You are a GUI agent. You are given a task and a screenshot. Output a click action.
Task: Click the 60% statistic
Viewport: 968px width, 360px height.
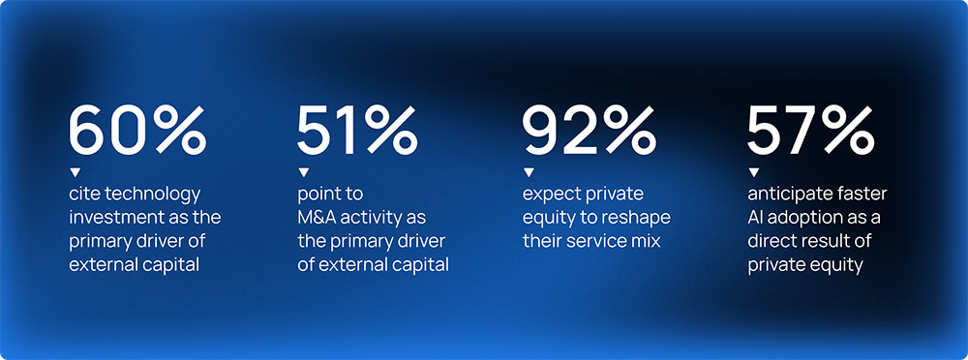(x=137, y=131)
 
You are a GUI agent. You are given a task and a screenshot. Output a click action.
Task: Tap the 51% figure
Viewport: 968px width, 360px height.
(x=357, y=131)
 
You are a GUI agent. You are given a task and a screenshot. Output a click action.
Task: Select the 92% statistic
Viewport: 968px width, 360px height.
(x=589, y=131)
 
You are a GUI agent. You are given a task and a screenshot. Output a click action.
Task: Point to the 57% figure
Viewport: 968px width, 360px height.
(x=810, y=131)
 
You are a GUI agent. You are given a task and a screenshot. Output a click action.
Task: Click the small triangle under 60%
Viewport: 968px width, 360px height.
(x=75, y=171)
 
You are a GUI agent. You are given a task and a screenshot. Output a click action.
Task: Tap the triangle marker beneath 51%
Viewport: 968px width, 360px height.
(x=303, y=171)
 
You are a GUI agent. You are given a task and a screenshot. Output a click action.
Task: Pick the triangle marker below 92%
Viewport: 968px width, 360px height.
(x=529, y=171)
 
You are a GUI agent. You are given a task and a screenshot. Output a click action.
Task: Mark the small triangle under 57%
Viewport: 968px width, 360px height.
(x=754, y=171)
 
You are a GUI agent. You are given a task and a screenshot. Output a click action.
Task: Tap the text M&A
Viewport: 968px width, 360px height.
(x=318, y=218)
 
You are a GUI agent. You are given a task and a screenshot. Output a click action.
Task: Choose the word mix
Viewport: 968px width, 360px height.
(x=646, y=241)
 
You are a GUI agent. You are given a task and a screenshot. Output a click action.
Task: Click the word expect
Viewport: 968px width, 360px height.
(x=550, y=195)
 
